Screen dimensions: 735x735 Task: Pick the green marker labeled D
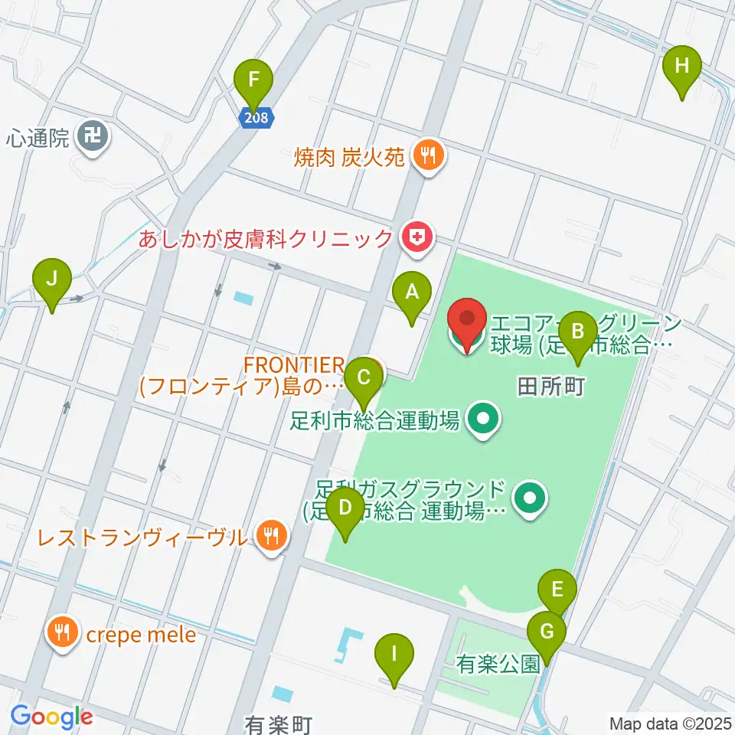(x=345, y=508)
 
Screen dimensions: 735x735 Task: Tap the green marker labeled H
(x=681, y=66)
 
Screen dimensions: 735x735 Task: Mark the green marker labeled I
(x=394, y=655)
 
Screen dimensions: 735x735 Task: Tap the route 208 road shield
(x=254, y=116)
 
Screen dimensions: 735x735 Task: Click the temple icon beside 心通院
(x=95, y=138)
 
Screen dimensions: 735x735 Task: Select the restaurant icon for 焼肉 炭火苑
(x=424, y=157)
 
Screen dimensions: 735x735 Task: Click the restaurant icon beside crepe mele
(x=60, y=633)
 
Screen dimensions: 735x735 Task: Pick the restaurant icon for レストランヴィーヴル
(x=270, y=535)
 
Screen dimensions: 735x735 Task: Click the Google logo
(x=51, y=717)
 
